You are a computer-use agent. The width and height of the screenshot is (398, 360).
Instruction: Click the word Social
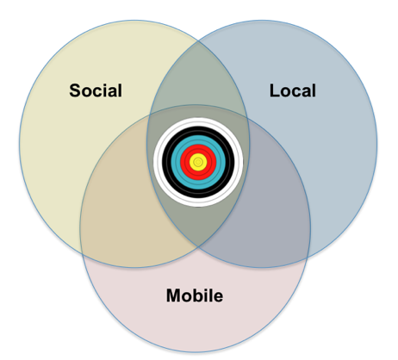click(96, 90)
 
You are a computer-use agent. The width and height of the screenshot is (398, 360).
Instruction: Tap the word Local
click(293, 90)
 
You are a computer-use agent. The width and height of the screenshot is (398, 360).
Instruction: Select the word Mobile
click(195, 295)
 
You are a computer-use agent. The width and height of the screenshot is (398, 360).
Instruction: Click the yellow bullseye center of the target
click(198, 162)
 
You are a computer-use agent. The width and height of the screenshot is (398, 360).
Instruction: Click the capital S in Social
click(75, 90)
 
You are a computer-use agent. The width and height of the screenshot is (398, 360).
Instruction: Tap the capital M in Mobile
click(173, 295)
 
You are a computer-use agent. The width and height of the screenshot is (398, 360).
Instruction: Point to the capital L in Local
click(275, 90)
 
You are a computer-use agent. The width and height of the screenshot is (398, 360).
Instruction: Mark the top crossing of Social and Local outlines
click(198, 41)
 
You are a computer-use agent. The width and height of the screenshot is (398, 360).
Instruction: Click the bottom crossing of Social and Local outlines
click(198, 246)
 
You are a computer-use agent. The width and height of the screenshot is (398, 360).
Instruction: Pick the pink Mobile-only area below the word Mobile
click(196, 327)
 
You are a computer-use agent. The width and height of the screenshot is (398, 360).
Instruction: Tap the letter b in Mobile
click(197, 295)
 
